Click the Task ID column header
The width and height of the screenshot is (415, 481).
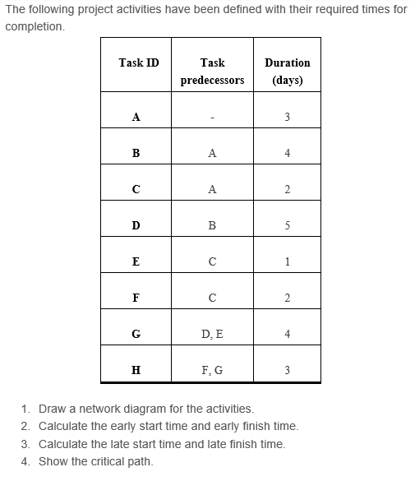pos(139,62)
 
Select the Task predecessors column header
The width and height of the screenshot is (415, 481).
pos(212,72)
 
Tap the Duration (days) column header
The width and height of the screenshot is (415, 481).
pos(288,72)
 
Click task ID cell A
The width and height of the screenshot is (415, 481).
pos(136,117)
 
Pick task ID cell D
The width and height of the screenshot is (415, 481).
pos(136,225)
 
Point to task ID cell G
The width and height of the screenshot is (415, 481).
pos(136,334)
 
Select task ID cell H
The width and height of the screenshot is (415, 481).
pos(136,370)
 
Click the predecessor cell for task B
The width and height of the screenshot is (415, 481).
pos(212,153)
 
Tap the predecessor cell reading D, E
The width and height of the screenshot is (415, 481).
pos(212,334)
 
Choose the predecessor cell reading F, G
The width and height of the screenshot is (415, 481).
pos(212,370)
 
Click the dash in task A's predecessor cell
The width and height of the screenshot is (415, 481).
pos(212,117)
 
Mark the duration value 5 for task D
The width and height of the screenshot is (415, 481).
pos(288,225)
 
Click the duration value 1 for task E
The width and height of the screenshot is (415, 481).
pos(288,261)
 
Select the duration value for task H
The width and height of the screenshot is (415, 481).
pos(288,370)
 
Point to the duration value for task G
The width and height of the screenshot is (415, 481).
pos(288,334)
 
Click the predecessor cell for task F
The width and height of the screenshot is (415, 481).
pos(212,298)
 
